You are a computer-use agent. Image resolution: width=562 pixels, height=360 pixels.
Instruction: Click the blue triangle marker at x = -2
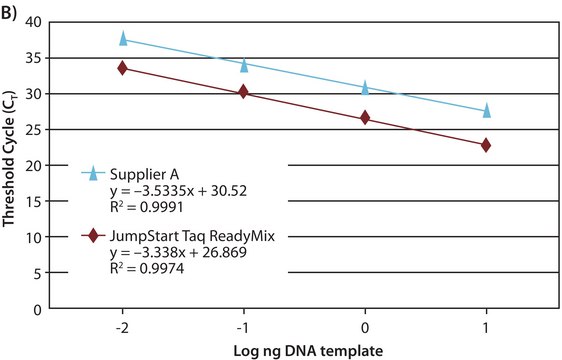123,39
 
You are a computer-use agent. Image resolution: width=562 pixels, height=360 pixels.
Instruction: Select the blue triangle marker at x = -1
244,65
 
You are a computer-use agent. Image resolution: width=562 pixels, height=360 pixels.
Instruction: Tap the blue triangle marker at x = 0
365,88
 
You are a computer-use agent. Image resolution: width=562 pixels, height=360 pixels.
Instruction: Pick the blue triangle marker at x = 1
486,110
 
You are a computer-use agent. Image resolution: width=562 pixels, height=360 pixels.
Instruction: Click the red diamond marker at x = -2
123,68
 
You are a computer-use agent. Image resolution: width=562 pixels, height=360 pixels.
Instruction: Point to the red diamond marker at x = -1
244,92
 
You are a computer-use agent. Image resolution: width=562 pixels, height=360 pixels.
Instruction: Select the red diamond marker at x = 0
365,117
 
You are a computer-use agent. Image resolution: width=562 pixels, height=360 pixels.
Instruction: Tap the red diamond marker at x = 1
486,145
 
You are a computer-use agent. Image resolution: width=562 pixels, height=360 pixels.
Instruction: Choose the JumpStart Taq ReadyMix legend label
180,236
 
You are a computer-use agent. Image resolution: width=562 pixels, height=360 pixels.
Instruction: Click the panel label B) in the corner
12,12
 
